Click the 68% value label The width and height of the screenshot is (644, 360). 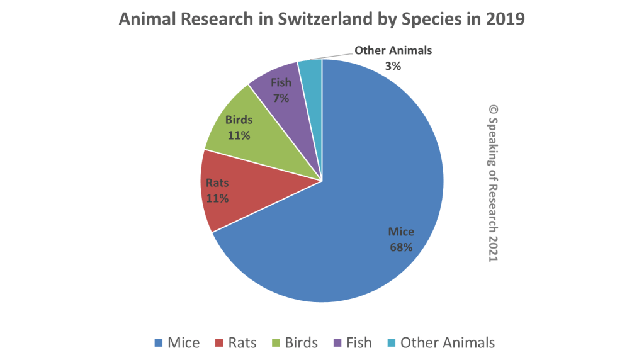pos(400,247)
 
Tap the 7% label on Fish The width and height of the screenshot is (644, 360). pos(281,98)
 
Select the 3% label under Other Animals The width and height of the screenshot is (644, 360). pos(393,65)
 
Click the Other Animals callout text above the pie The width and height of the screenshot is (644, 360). pos(393,50)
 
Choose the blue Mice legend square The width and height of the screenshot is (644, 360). pos(159,343)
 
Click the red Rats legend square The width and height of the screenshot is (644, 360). pos(219,343)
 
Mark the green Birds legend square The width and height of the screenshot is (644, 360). pos(276,343)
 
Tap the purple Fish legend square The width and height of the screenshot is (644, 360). pos(337,343)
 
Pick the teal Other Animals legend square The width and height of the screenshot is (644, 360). pos(392,343)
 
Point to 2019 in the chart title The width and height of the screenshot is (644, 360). pos(506,20)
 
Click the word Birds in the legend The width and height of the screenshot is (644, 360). pos(301,343)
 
